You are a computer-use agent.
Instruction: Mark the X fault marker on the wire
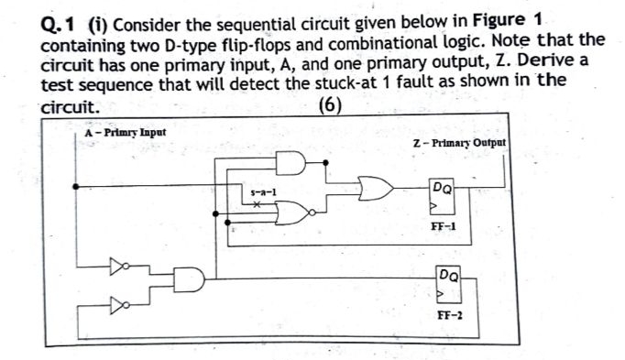click(259, 206)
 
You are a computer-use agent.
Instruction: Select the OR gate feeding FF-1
click(374, 189)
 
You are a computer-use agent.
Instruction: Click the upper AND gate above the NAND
click(291, 163)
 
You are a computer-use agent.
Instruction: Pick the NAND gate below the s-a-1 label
click(293, 213)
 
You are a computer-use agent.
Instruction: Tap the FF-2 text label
click(449, 314)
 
